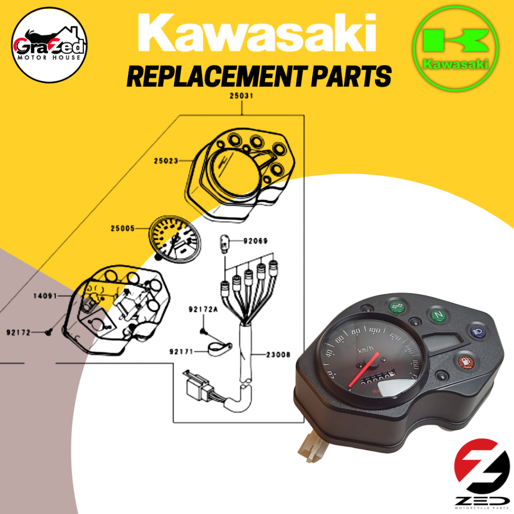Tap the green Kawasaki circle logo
click(x=456, y=49)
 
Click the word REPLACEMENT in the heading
click(x=212, y=77)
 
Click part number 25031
click(x=242, y=95)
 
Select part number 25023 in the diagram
click(x=166, y=162)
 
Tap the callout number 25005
click(x=122, y=229)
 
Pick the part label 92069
click(x=256, y=241)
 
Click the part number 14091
click(x=45, y=296)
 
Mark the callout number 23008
click(x=279, y=354)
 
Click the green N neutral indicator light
click(x=438, y=315)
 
